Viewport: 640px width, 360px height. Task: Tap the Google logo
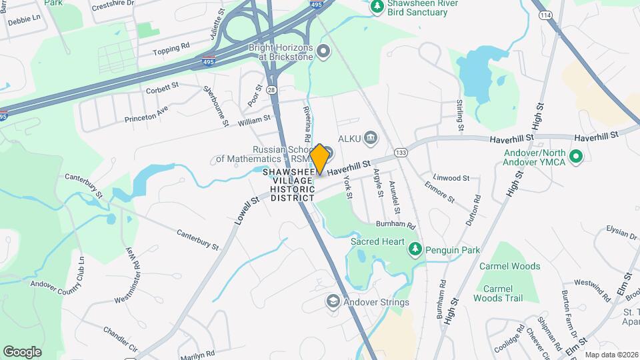click(22, 352)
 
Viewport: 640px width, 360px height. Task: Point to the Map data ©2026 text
click(611, 355)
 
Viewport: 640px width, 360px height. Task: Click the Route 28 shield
click(271, 89)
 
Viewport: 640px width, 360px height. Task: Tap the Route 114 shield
click(545, 15)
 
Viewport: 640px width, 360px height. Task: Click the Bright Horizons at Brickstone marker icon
click(324, 51)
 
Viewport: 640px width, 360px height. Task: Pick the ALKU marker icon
click(371, 139)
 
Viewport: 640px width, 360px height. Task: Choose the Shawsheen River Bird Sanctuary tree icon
click(377, 6)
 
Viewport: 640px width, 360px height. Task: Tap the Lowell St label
click(245, 211)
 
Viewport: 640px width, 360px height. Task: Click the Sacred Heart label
click(376, 242)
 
